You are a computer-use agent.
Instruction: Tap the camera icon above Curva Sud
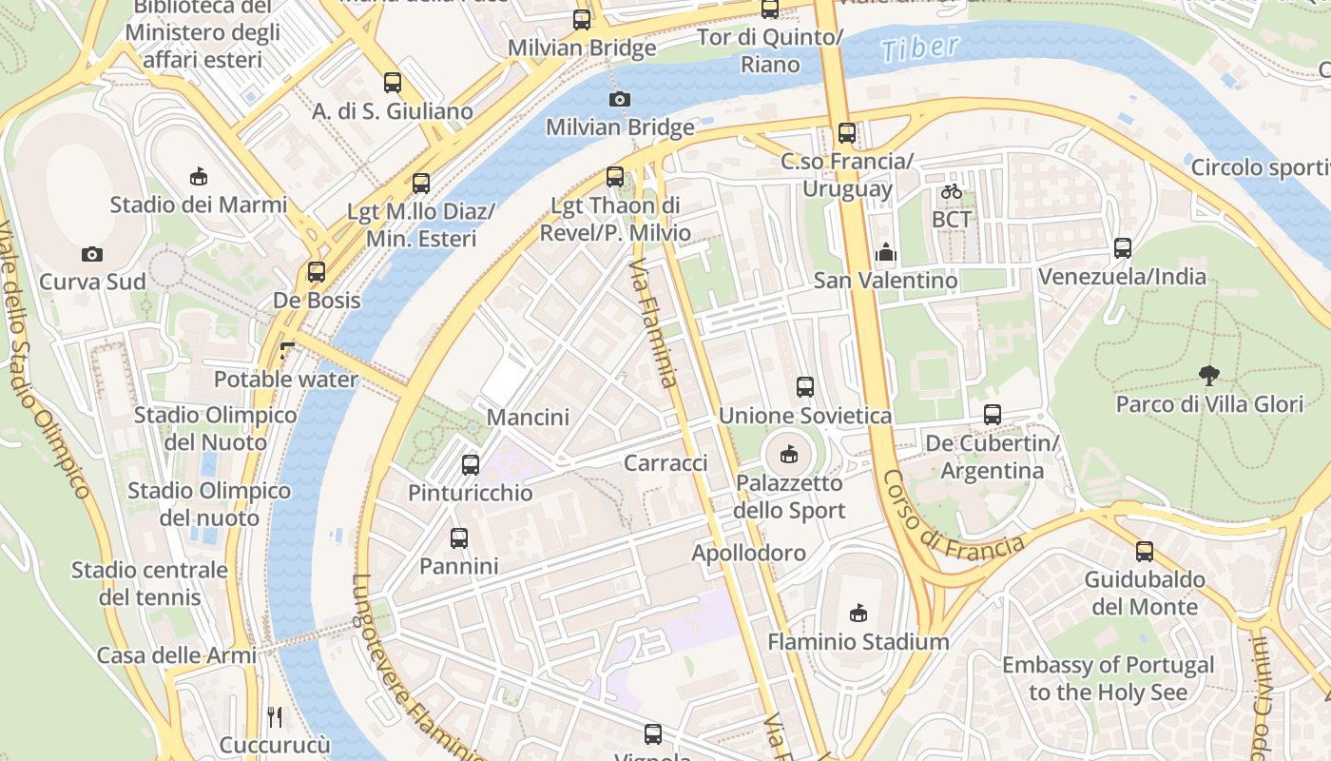(91, 254)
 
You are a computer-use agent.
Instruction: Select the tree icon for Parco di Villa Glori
(1208, 375)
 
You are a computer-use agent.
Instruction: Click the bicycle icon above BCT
(951, 191)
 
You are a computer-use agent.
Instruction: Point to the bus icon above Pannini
(459, 538)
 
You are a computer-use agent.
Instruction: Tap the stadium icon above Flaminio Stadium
(858, 614)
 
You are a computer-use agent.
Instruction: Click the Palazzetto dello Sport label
(789, 497)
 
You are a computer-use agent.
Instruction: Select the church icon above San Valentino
(886, 253)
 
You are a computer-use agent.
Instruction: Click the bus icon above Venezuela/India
(1122, 248)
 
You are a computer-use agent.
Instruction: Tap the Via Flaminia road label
(654, 323)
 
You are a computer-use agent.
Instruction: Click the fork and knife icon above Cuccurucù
(275, 716)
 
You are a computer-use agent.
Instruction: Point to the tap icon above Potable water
(286, 351)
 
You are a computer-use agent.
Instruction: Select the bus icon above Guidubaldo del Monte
(1145, 552)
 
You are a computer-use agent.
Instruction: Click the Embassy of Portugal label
(1108, 678)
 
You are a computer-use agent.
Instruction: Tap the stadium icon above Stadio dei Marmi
(198, 176)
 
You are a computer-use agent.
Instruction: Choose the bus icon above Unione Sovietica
(804, 387)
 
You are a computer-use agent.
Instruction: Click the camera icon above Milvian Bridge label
(619, 99)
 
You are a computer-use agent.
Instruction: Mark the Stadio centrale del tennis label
(150, 583)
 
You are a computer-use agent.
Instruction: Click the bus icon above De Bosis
(317, 272)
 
